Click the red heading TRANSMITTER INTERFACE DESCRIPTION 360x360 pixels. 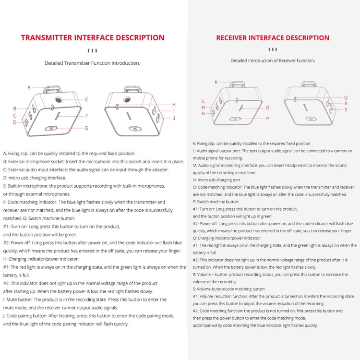point(93,38)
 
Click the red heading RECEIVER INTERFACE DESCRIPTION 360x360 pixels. point(273,38)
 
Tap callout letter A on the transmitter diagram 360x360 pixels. point(29,87)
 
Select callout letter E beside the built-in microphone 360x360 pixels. point(86,99)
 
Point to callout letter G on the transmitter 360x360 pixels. point(86,128)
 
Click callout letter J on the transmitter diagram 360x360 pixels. point(174,118)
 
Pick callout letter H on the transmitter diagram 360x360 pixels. point(174,104)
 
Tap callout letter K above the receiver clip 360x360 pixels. point(216,82)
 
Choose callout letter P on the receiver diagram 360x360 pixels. point(267,118)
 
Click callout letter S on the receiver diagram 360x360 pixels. point(346,110)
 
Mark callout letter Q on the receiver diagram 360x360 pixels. point(346,97)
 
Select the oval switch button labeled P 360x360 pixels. point(235,118)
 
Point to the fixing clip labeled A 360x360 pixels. point(52,89)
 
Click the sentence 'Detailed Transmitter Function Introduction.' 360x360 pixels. point(92,63)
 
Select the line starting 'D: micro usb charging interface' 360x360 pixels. point(35,178)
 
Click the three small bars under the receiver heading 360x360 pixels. point(273,49)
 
